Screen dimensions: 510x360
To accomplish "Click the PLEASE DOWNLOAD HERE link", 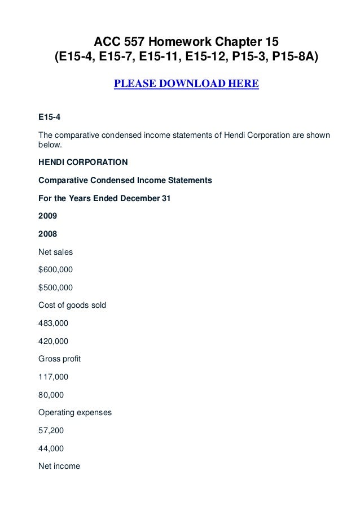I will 186,85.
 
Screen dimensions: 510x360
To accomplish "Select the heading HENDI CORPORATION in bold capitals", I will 83,162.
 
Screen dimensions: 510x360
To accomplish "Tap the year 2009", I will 47,216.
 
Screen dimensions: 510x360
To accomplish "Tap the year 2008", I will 47,233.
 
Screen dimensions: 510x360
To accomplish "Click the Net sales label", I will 55,251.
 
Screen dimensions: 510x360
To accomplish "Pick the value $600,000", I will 55,269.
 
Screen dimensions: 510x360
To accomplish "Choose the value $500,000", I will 55,287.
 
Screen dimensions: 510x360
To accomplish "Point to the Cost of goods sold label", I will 72,305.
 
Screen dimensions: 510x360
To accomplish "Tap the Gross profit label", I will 59,359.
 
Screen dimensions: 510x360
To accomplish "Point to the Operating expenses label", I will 74,412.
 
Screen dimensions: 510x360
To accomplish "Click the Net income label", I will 59,466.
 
